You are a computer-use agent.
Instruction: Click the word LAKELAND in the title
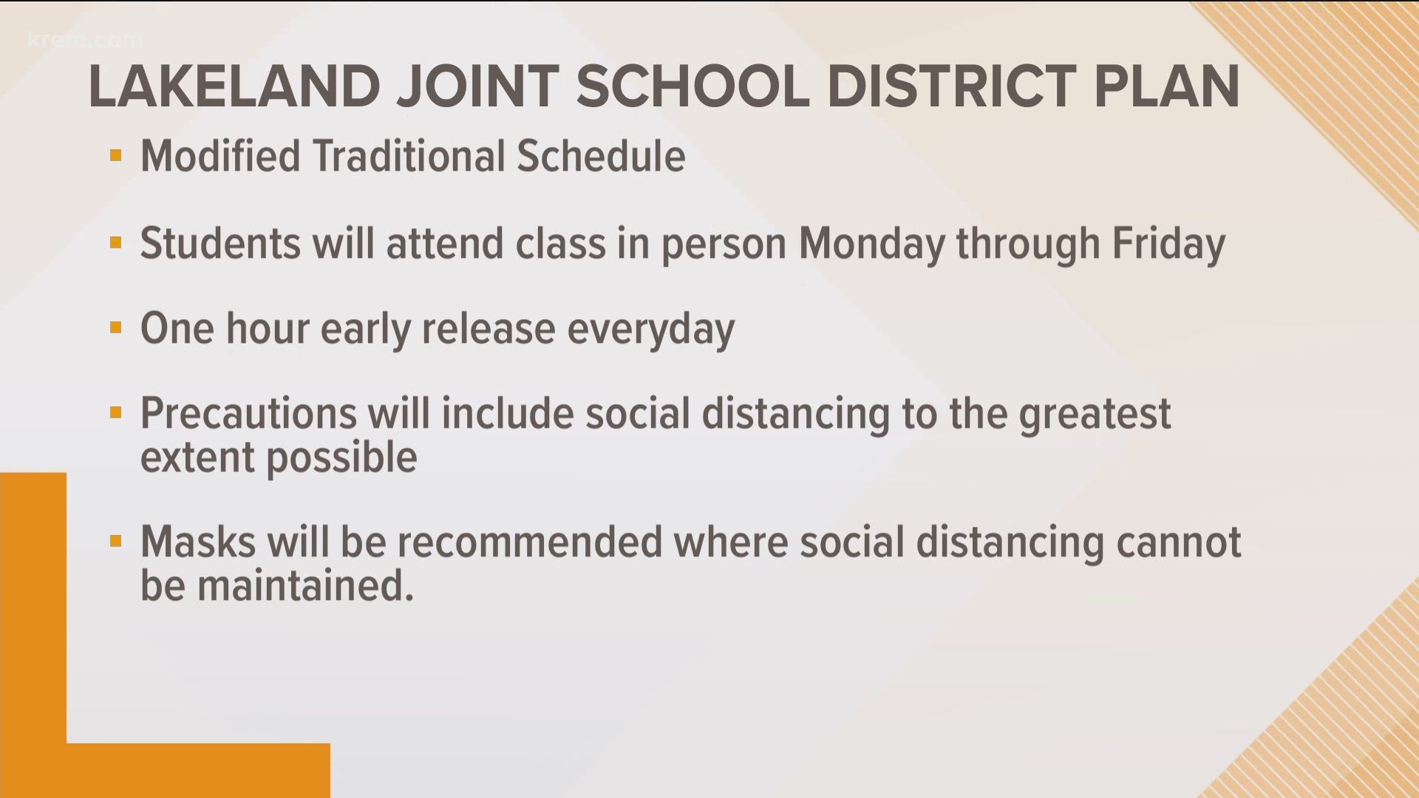tap(234, 87)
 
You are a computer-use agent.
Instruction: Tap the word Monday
tap(871, 245)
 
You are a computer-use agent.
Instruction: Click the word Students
tap(220, 243)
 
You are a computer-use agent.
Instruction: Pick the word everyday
tap(650, 330)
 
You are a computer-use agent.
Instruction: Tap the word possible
tap(341, 459)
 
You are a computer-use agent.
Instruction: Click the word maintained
tap(304, 586)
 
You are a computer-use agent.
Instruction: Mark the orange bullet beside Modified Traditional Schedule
tap(115, 156)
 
